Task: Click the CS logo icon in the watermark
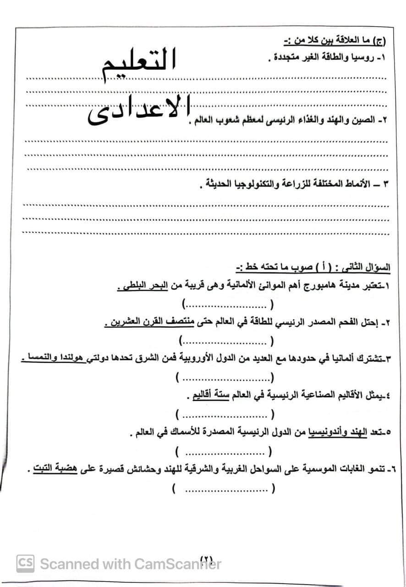coord(25,563)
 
